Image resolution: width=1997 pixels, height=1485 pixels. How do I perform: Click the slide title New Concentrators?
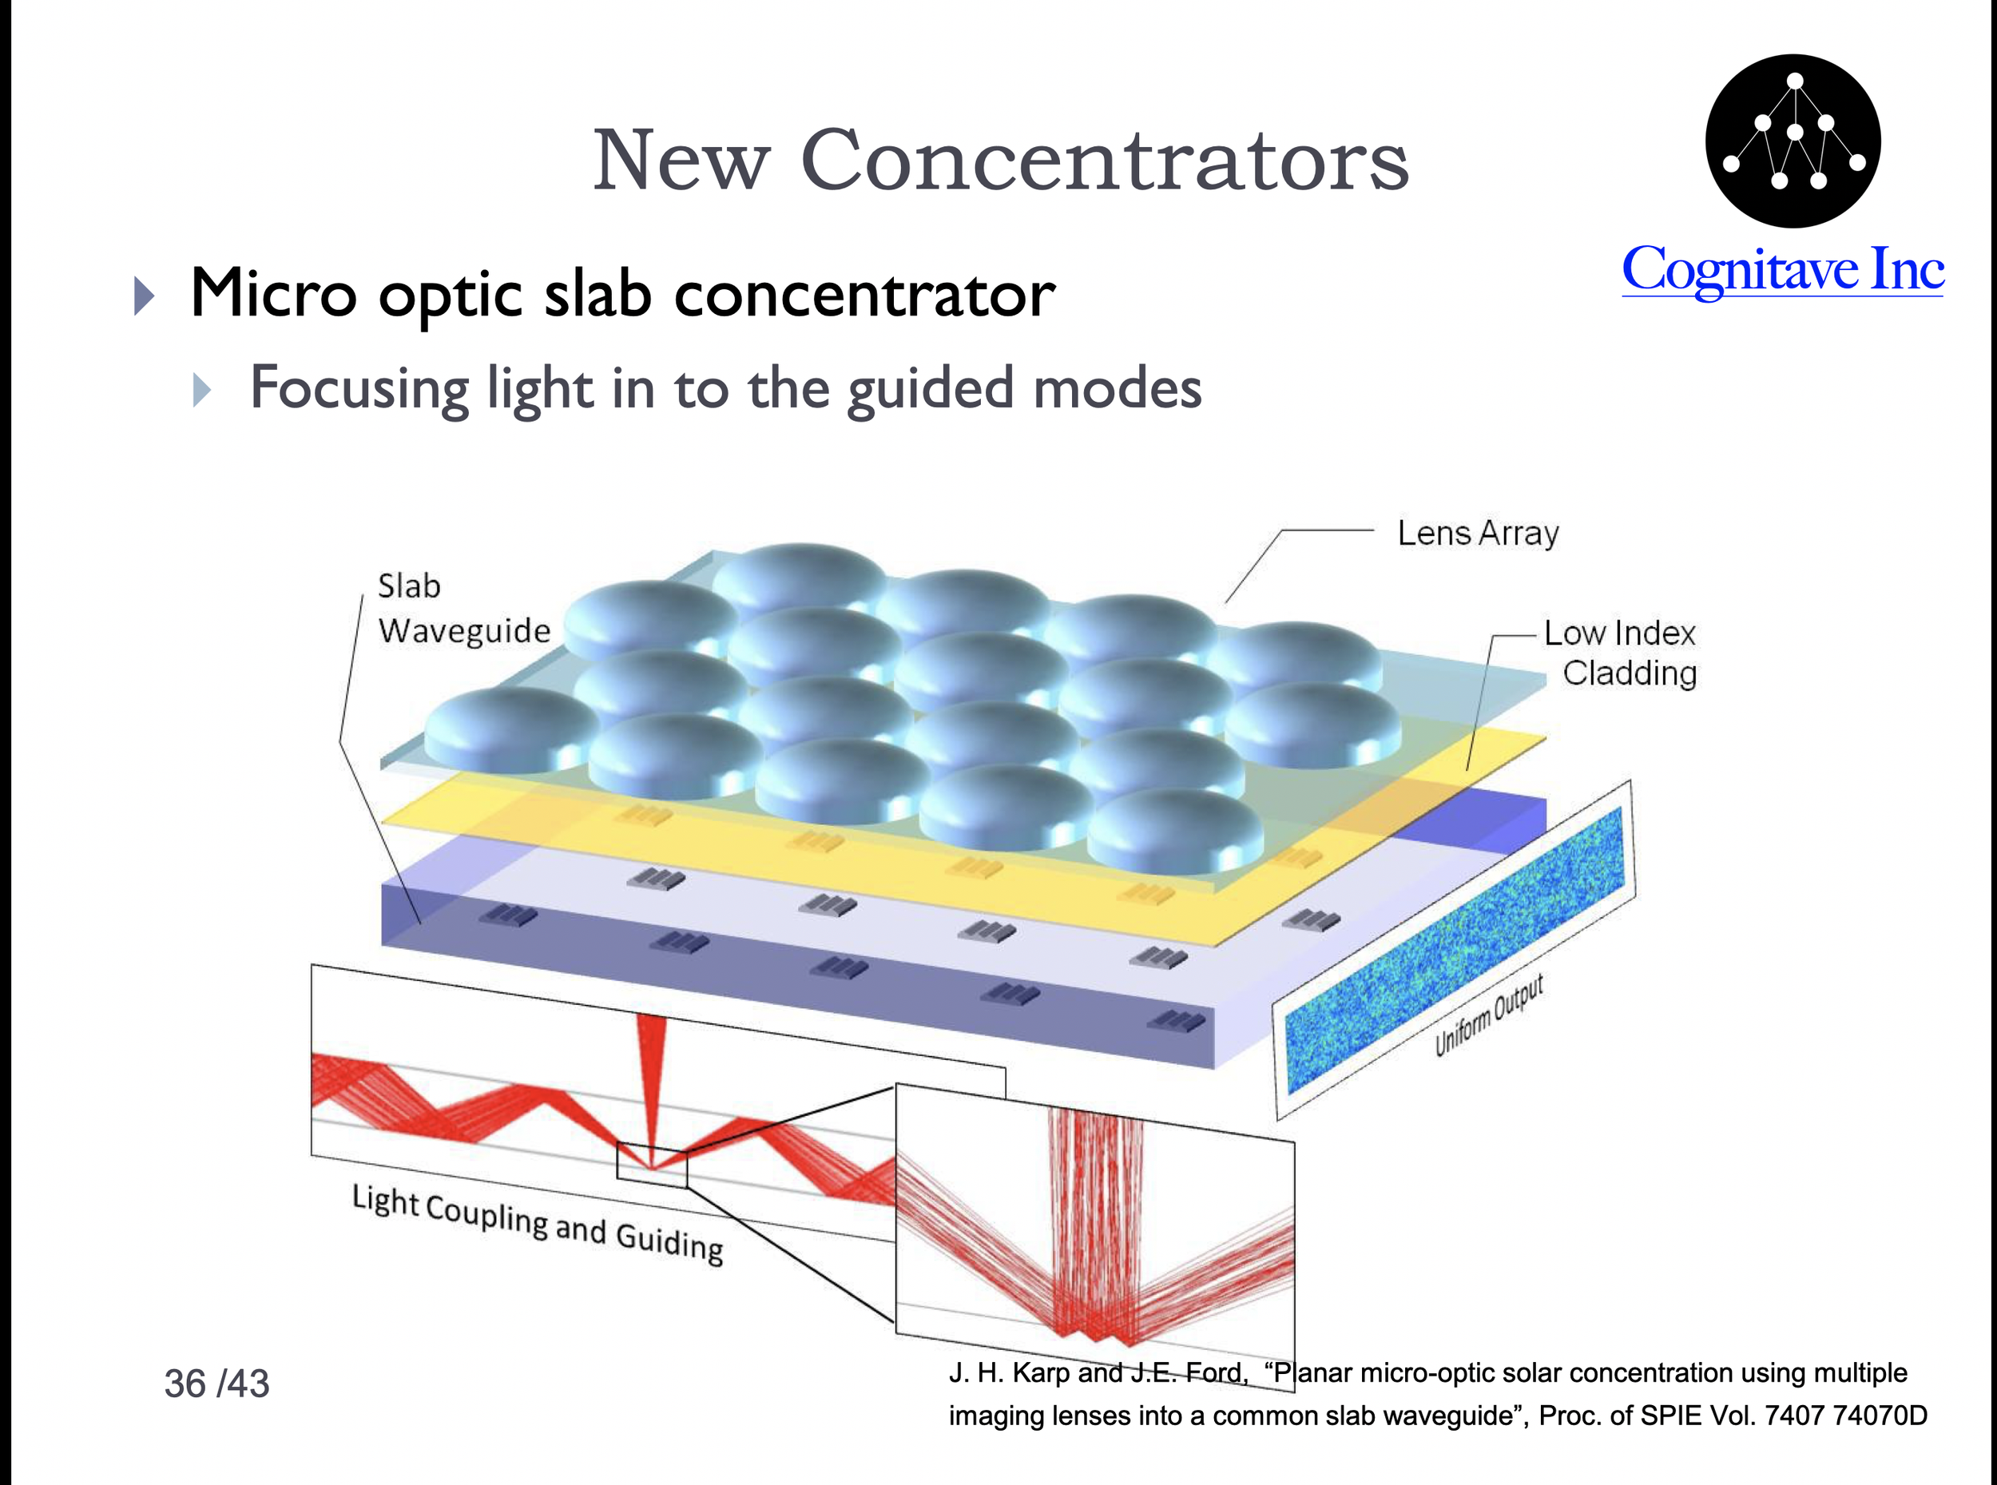pyautogui.click(x=999, y=160)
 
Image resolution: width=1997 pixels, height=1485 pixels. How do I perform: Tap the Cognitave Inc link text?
pyautogui.click(x=1782, y=270)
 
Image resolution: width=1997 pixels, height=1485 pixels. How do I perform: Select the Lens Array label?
pyautogui.click(x=1478, y=533)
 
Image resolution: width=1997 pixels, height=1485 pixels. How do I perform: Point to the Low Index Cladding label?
pyautogui.click(x=1621, y=653)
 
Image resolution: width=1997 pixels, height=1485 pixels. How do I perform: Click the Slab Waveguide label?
pyautogui.click(x=462, y=609)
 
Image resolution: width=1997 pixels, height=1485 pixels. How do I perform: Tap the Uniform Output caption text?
pyautogui.click(x=1488, y=1016)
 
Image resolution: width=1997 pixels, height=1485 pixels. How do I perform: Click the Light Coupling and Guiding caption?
pyautogui.click(x=538, y=1224)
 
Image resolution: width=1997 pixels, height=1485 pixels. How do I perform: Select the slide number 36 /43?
pyautogui.click(x=216, y=1384)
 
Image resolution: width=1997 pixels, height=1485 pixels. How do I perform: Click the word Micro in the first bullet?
pyautogui.click(x=273, y=294)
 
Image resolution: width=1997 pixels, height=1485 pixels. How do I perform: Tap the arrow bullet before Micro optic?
pyautogui.click(x=144, y=296)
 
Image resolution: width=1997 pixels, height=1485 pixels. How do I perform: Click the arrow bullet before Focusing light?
pyautogui.click(x=202, y=389)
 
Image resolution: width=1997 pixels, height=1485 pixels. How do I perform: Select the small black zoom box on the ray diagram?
pyautogui.click(x=652, y=1164)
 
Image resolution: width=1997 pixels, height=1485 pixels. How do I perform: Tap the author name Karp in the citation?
pyautogui.click(x=1041, y=1372)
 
